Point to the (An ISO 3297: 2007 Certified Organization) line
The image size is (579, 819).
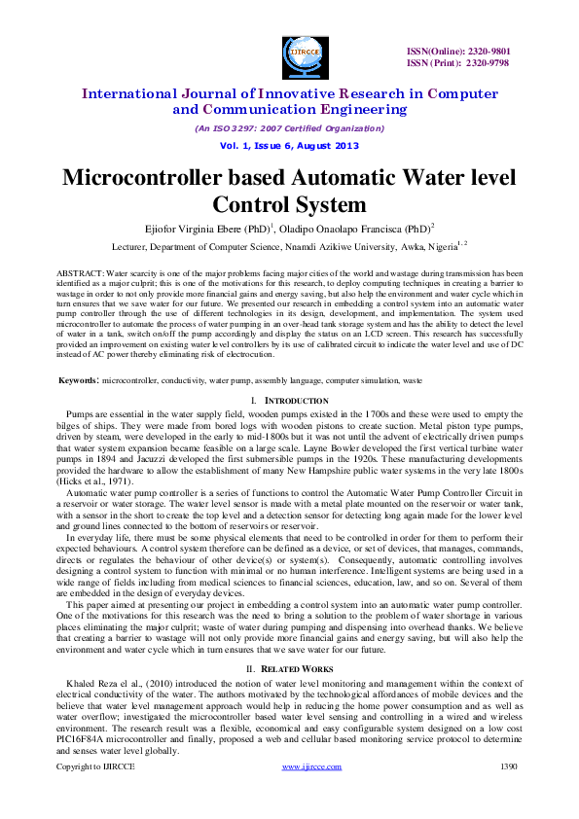click(288, 127)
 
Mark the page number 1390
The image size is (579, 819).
click(508, 767)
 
